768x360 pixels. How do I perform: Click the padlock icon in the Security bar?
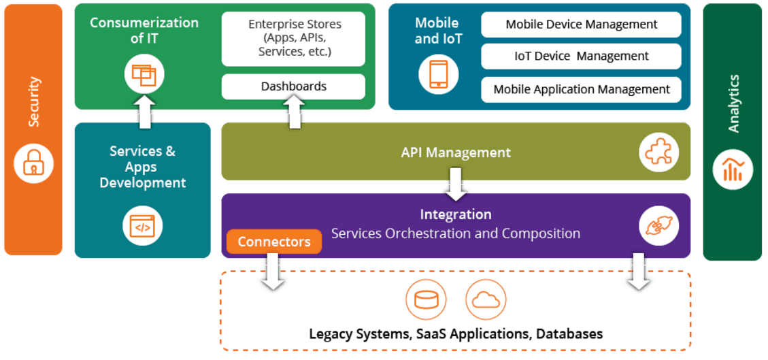pyautogui.click(x=33, y=163)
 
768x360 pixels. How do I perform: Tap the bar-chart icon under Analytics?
pyautogui.click(x=733, y=169)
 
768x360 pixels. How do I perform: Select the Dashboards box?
pyautogui.click(x=293, y=86)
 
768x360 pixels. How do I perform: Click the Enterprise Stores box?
pyautogui.click(x=293, y=39)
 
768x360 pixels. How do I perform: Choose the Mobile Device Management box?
pyautogui.click(x=581, y=24)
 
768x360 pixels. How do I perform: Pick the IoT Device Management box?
pyautogui.click(x=581, y=56)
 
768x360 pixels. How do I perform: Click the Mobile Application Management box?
pyautogui.click(x=581, y=89)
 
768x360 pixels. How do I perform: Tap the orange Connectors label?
pyautogui.click(x=274, y=242)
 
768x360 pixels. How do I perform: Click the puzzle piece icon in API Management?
pyautogui.click(x=658, y=152)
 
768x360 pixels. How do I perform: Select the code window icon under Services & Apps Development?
pyautogui.click(x=142, y=226)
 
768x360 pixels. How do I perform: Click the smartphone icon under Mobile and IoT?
pyautogui.click(x=439, y=73)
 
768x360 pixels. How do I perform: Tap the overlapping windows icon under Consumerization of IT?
pyautogui.click(x=144, y=73)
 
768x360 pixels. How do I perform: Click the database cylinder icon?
pyautogui.click(x=426, y=299)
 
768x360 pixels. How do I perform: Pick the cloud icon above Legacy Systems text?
pyautogui.click(x=486, y=299)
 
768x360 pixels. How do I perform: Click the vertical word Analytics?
pyautogui.click(x=733, y=103)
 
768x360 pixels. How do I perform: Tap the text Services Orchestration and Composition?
pyautogui.click(x=456, y=233)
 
